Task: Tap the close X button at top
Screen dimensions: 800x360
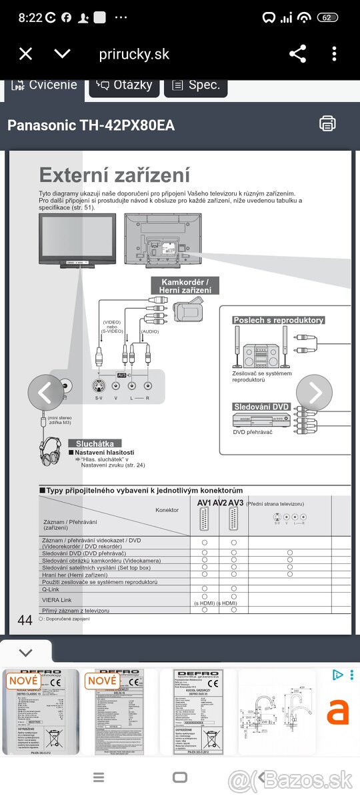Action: pos(25,54)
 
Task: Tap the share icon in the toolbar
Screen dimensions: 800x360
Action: pos(297,54)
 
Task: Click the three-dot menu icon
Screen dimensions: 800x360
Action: pos(335,54)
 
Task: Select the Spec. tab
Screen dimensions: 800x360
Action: pos(195,85)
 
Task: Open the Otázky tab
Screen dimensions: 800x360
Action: pos(125,85)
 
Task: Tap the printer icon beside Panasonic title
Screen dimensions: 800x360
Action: pos(327,123)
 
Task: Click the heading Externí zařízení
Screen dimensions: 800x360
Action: pos(115,175)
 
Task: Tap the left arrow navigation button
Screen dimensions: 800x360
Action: pos(45,393)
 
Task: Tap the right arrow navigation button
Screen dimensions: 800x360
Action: pos(314,393)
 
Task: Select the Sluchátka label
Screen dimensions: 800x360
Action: pos(95,443)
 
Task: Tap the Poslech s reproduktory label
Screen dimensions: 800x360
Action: pos(278,320)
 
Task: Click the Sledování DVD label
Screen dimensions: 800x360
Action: pos(261,406)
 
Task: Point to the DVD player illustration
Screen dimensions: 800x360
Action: pos(261,419)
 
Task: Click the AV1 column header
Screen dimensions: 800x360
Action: pos(204,503)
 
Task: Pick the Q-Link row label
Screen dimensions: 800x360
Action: pos(53,589)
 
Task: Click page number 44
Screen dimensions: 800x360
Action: pos(25,620)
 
